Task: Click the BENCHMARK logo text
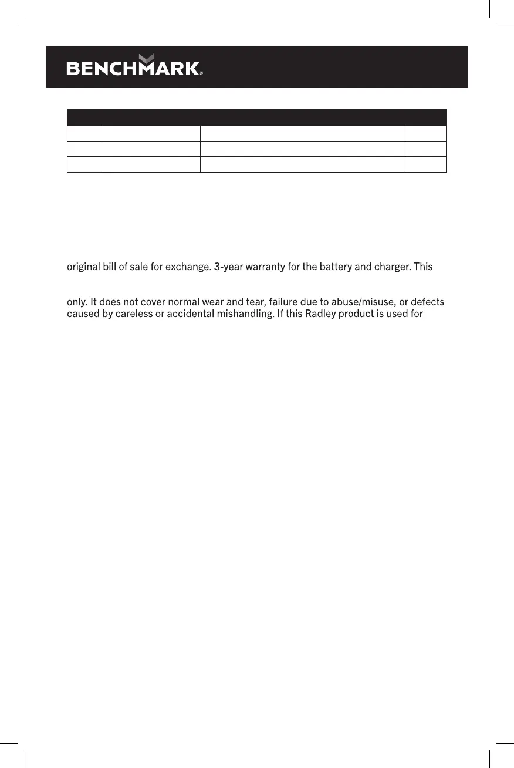[133, 69]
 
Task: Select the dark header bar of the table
[256, 117]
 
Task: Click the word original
[83, 267]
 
